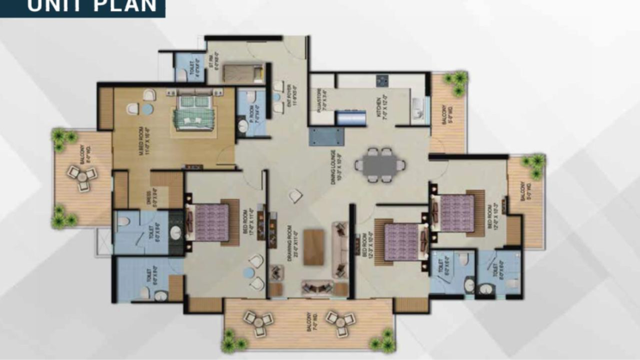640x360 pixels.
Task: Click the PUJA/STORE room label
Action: pos(316,101)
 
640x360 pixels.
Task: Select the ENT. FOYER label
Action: pos(277,104)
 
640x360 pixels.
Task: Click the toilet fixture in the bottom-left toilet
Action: pos(145,293)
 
